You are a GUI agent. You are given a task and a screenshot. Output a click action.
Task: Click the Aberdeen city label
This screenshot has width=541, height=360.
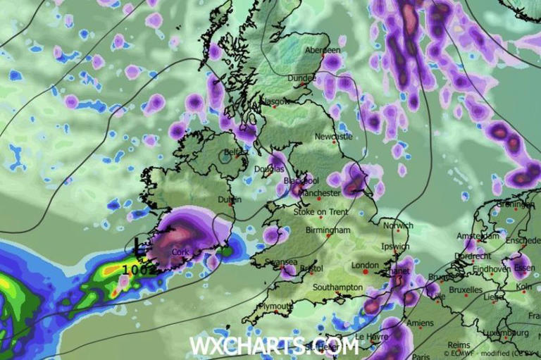[323, 51]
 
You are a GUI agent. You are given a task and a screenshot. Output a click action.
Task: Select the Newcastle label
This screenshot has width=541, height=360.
[333, 136]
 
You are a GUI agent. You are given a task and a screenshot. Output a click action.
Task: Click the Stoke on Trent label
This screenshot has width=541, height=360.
[321, 212]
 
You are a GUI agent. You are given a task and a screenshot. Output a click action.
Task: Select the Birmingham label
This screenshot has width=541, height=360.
[328, 230]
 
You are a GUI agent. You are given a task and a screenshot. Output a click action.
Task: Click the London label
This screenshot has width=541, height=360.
[365, 266]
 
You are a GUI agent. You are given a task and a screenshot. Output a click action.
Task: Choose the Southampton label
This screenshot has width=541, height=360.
[337, 287]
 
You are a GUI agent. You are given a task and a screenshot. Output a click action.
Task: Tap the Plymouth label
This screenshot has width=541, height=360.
[275, 306]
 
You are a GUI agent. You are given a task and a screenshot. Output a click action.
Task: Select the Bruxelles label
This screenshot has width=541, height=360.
[466, 290]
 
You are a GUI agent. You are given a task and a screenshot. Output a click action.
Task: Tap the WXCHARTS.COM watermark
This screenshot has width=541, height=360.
[274, 346]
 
